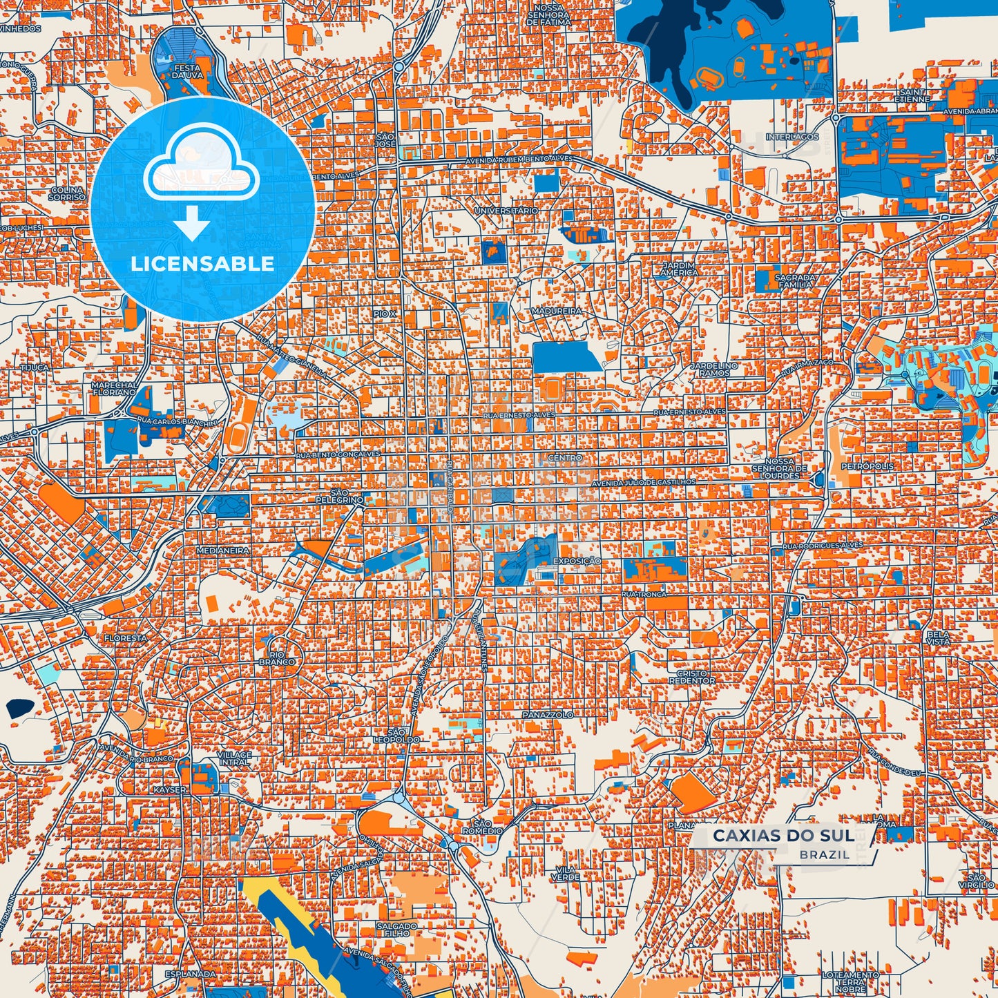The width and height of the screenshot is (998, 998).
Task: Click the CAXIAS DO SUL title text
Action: pos(783,836)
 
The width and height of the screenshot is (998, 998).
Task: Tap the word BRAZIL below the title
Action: pos(825,854)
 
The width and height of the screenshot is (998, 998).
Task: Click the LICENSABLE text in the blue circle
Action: pos(202,263)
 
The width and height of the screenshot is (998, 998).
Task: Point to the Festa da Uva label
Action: pos(186,72)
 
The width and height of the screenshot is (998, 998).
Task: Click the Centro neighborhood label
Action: pos(565,458)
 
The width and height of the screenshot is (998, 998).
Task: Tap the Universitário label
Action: pos(506,210)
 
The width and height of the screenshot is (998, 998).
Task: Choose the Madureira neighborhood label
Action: pos(557,311)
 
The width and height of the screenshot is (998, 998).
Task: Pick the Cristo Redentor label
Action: pos(692,677)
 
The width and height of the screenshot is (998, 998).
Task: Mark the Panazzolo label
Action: pos(547,715)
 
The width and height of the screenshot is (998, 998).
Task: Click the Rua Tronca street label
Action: pos(644,594)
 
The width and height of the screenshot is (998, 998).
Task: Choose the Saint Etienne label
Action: pos(913,95)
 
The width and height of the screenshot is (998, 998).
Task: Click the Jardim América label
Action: pos(680,269)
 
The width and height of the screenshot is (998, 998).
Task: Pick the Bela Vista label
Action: pos(938,638)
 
